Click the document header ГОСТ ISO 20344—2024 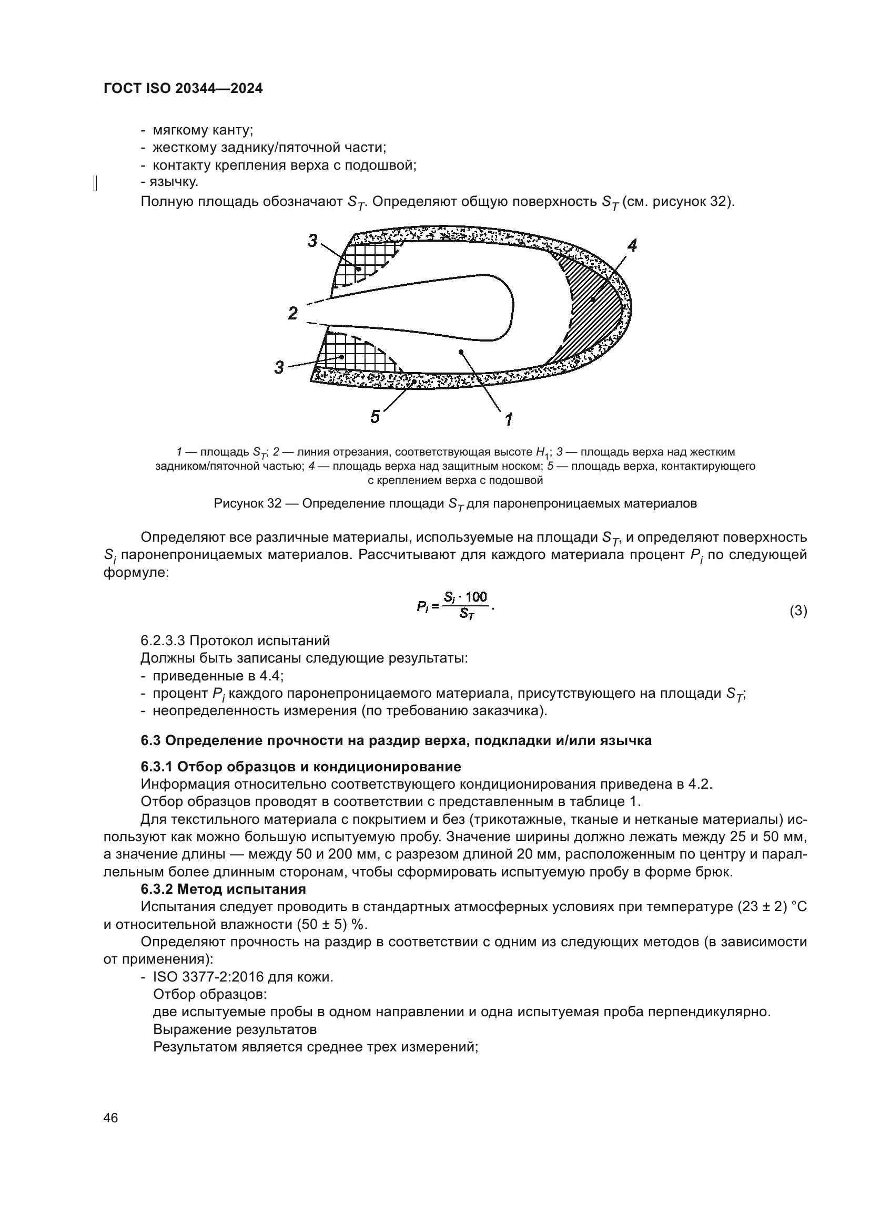click(x=183, y=89)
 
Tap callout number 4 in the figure click(x=632, y=246)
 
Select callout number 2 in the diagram click(x=292, y=313)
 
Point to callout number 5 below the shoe click(x=375, y=417)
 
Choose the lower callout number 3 click(x=279, y=368)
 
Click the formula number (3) click(x=798, y=611)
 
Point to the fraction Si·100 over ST click(x=466, y=605)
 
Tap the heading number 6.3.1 click(x=156, y=767)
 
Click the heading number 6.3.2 click(x=156, y=890)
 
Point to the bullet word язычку click(x=174, y=182)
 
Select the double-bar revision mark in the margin click(x=95, y=183)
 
